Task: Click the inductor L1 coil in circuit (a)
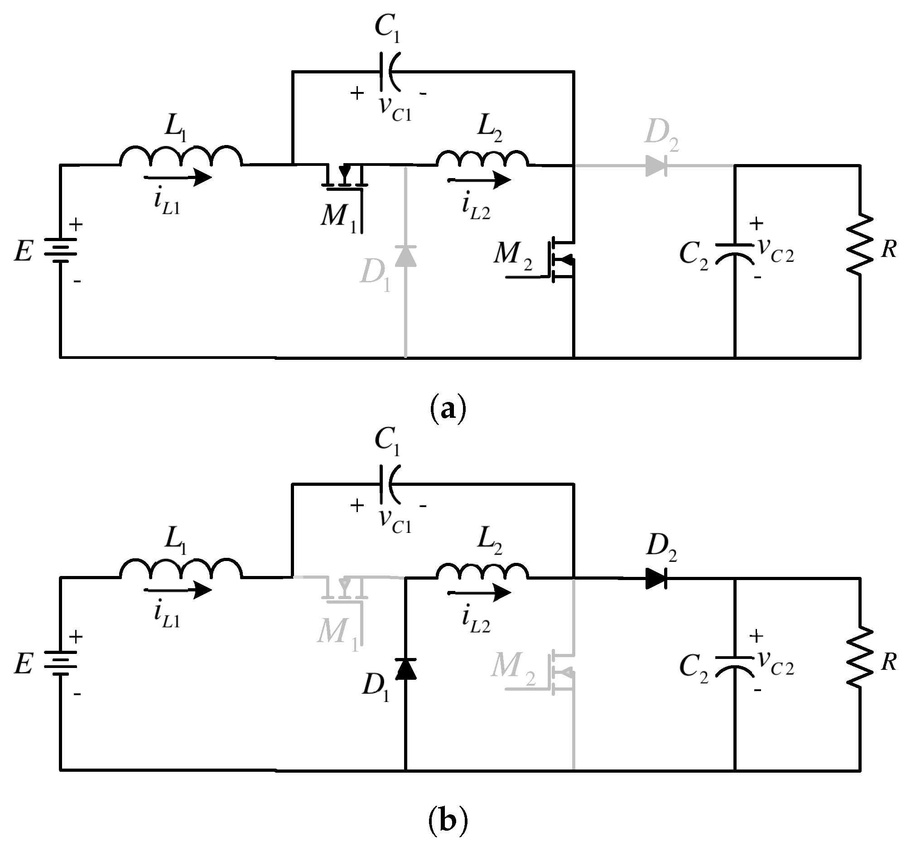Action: pos(181,157)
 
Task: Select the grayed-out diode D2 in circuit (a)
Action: pos(656,166)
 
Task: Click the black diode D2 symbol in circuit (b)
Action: pos(656,579)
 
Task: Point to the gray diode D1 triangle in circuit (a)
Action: pos(405,256)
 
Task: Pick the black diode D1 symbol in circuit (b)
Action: pos(405,669)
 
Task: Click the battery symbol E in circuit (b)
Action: pos(60,663)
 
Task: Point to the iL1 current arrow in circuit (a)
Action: pos(178,177)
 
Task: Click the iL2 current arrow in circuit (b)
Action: pos(479,593)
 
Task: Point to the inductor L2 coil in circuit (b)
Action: pos(482,571)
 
